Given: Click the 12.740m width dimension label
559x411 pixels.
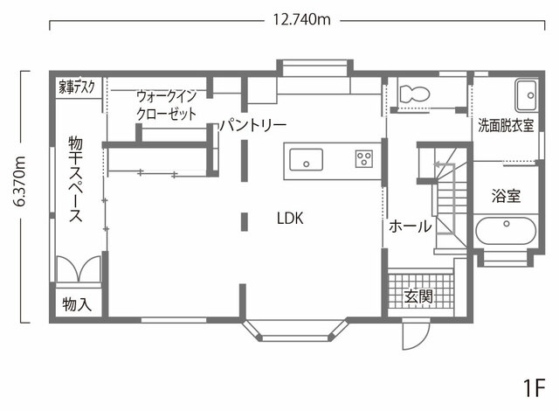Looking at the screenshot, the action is tap(301, 19).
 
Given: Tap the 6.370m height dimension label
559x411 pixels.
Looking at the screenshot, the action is tap(19, 182).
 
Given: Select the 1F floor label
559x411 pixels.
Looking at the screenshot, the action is tap(534, 387).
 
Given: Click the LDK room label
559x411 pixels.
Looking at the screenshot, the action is tap(290, 219).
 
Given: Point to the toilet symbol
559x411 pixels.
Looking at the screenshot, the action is tap(414, 94).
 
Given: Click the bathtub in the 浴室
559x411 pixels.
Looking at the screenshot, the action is tap(506, 231).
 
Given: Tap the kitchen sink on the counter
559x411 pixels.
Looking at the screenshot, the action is tap(307, 160).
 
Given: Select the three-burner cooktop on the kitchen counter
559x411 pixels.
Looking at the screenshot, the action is tap(364, 159).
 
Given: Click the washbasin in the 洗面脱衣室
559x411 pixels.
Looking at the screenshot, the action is tap(526, 95).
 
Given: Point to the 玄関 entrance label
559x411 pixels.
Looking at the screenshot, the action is tap(418, 296).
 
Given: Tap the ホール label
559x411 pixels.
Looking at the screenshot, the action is tap(410, 226).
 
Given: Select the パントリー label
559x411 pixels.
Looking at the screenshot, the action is tap(253, 125).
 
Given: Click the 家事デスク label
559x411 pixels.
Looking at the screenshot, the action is tap(77, 87).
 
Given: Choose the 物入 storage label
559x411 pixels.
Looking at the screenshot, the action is tap(77, 304).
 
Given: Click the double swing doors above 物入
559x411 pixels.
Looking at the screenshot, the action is tap(79, 268).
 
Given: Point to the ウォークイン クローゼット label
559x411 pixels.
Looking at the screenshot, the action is tap(167, 105).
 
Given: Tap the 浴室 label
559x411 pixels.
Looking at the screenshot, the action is tap(506, 196).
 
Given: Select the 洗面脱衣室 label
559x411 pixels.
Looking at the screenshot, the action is tap(506, 125).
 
